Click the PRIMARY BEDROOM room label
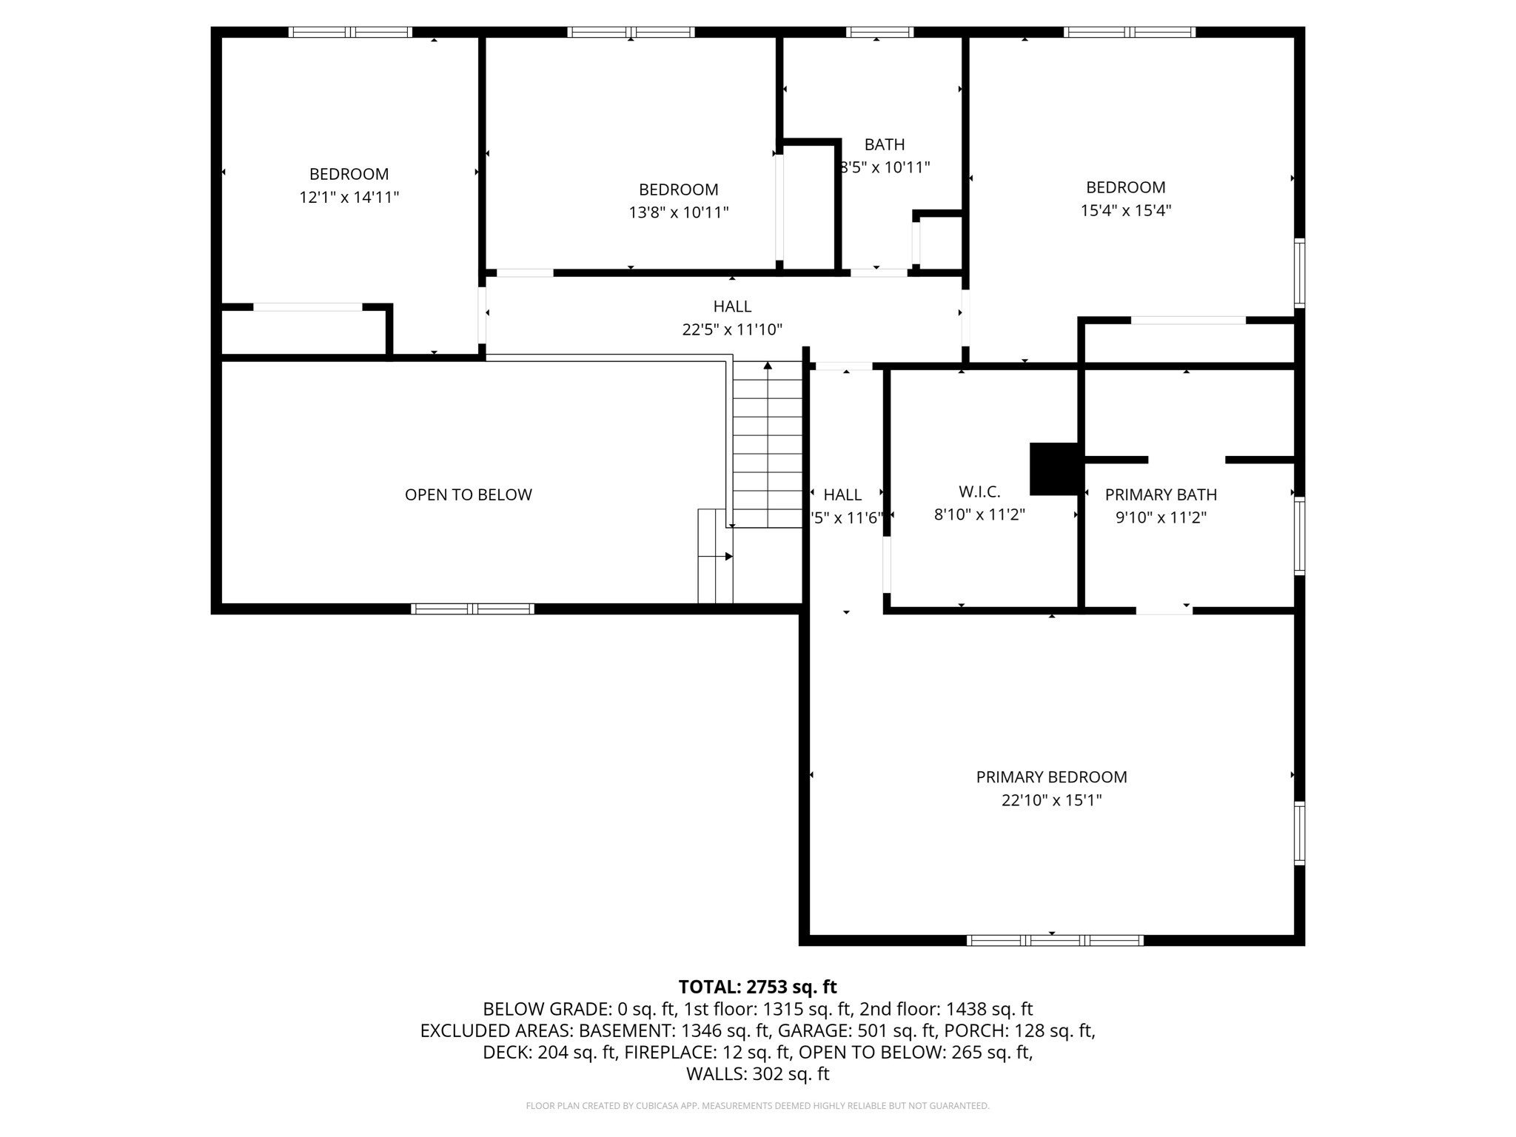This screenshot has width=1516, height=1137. click(1051, 777)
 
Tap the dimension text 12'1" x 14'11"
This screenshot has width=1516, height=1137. click(349, 198)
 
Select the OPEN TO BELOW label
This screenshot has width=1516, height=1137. click(468, 494)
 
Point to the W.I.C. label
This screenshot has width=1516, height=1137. click(979, 492)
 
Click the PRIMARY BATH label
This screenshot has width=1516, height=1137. click(1161, 494)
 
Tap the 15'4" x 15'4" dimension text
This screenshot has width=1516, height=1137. click(1125, 210)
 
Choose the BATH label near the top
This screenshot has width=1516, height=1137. click(885, 144)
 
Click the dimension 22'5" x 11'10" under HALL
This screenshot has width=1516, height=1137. click(732, 329)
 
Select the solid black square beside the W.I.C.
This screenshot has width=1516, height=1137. click(1054, 469)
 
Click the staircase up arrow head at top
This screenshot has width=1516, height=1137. click(768, 366)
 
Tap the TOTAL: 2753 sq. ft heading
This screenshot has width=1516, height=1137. click(757, 987)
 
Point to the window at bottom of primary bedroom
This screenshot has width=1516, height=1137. click(1055, 940)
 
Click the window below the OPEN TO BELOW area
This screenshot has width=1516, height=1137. click(472, 608)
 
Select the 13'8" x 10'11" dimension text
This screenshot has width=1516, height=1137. click(679, 212)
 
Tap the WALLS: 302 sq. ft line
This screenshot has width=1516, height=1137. click(757, 1073)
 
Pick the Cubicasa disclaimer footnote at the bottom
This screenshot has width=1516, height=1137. click(757, 1106)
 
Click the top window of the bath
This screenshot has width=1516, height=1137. click(879, 32)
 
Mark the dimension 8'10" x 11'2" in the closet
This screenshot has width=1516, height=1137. click(979, 514)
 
